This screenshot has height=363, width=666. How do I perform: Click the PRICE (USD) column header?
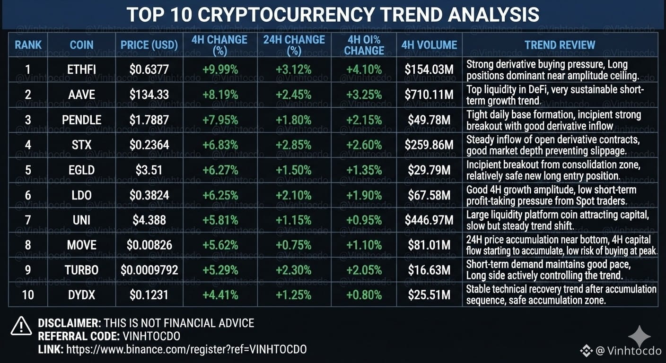pos(149,45)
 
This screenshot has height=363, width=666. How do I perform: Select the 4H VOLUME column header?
pos(429,45)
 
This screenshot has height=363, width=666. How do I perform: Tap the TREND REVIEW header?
pos(560,45)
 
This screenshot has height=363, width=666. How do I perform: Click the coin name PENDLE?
pos(81,120)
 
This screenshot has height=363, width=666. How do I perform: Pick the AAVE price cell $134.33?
pos(149,95)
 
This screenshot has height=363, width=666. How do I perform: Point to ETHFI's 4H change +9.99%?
pos(220,70)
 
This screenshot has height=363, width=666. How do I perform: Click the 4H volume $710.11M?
pos(429,95)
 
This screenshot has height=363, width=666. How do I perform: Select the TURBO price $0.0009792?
pos(149,270)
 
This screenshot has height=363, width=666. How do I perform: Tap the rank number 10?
pos(28,295)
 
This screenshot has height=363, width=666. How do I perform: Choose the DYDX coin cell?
pos(81,295)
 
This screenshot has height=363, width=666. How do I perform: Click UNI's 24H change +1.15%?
pos(293,220)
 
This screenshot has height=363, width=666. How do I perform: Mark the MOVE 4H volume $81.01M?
pos(429,245)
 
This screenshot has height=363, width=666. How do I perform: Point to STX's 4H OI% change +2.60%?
pos(364,145)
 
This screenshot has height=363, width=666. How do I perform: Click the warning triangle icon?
pos(21,327)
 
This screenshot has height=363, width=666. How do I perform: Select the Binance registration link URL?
pos(186,349)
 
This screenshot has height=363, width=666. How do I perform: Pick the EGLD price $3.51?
pos(149,170)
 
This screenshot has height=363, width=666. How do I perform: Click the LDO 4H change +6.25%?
pos(220,195)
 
